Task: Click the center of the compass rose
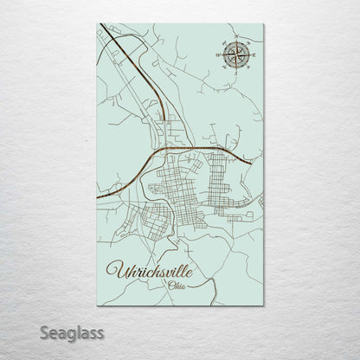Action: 235,55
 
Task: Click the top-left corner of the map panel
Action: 97,24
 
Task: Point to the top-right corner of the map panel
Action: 263,24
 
